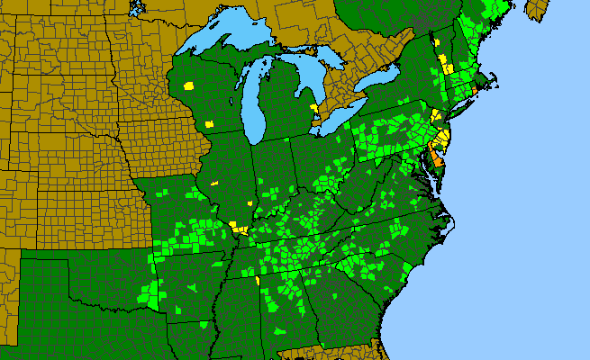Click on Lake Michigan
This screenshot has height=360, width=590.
(253, 108)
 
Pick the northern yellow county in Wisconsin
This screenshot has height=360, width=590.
(189, 85)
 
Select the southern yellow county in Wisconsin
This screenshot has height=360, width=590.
(209, 124)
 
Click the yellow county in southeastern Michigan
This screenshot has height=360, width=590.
(314, 108)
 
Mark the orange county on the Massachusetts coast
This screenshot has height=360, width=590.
(475, 88)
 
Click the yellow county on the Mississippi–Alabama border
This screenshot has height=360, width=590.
(258, 280)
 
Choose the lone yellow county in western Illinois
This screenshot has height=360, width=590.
(214, 183)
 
